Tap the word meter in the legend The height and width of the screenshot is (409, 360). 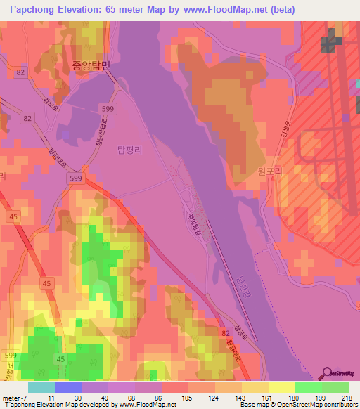11,398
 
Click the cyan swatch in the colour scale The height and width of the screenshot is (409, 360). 41,387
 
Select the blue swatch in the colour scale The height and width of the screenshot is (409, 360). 68,387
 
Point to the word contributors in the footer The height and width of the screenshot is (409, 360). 335,405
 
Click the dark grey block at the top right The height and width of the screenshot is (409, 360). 329,44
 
